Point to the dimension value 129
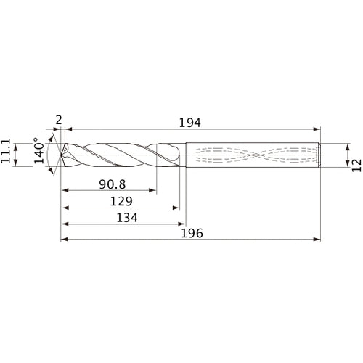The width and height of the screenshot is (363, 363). pyautogui.click(x=120, y=200)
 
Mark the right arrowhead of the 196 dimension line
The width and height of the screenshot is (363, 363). pyautogui.click(x=317, y=239)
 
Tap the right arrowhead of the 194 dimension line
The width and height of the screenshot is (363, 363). pyautogui.click(x=317, y=129)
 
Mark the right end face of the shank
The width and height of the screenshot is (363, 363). pyautogui.click(x=321, y=154)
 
